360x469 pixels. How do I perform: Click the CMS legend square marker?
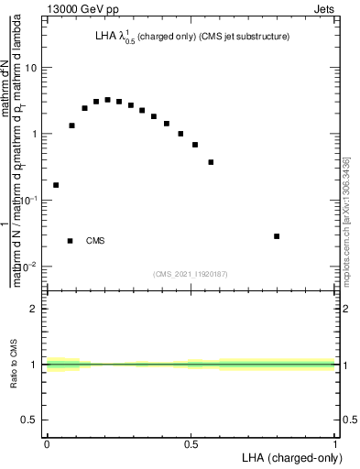[x=70, y=241]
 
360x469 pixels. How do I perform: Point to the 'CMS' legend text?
[x=95, y=241]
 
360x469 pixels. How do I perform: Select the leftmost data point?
[x=56, y=185]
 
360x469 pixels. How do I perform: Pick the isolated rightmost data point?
[x=277, y=236]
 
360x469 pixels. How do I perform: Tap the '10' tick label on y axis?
[x=31, y=69]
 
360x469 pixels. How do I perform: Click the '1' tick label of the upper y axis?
[x=35, y=135]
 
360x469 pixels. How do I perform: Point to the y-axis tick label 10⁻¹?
[x=30, y=200]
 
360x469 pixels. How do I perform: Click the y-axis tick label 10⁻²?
[x=30, y=266]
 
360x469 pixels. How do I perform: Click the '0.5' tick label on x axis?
[x=191, y=444]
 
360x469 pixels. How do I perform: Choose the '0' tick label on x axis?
[x=47, y=444]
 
